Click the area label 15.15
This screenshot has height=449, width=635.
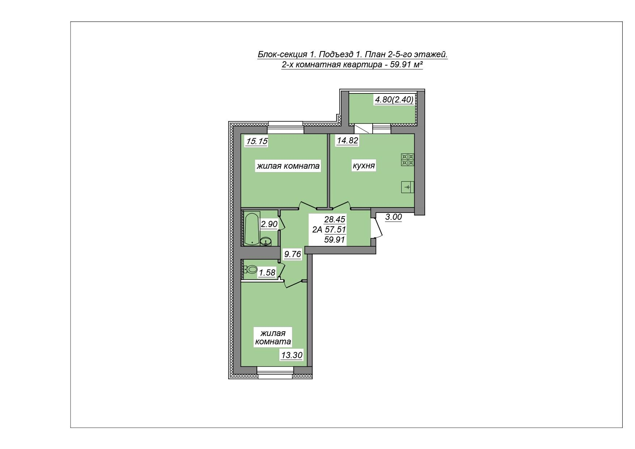click(x=257, y=141)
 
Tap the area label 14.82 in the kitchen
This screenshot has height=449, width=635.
click(x=347, y=140)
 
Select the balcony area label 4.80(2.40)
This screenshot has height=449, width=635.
click(x=394, y=100)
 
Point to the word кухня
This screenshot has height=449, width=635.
click(x=364, y=166)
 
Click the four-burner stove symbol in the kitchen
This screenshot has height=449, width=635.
click(x=407, y=160)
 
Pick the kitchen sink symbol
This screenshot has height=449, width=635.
click(x=408, y=187)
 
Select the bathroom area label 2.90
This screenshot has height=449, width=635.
click(x=269, y=224)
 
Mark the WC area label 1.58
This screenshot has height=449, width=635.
click(x=267, y=273)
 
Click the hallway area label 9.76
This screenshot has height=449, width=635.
click(x=292, y=254)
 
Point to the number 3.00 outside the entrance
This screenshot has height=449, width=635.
click(x=393, y=217)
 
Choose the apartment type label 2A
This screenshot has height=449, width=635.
click(x=317, y=229)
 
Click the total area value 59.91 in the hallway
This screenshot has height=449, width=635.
click(x=335, y=240)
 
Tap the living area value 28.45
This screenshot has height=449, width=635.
click(x=335, y=219)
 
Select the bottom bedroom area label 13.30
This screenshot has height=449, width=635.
click(x=292, y=355)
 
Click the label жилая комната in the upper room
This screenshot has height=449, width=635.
click(x=288, y=166)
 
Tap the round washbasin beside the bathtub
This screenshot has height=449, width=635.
click(x=266, y=242)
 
